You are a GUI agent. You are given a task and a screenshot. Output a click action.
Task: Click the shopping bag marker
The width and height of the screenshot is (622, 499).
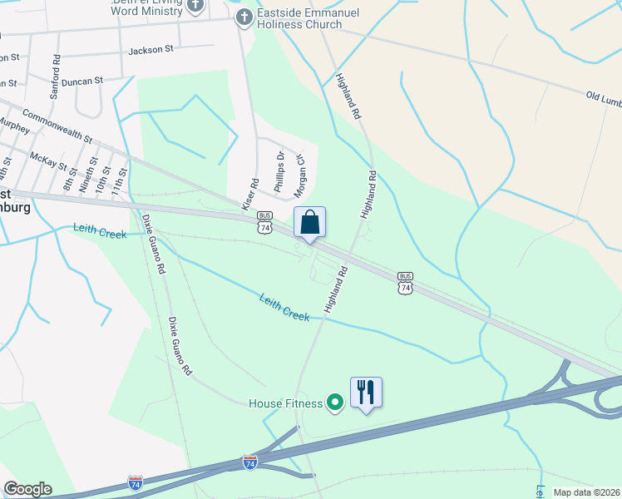pos(309,223)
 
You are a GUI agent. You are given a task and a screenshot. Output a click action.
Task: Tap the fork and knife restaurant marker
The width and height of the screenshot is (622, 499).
pos(366,393)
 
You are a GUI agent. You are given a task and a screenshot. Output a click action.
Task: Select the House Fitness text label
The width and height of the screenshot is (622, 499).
pos(285,404)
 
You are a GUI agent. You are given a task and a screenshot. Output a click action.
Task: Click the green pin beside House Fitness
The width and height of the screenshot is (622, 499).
pos(336,403)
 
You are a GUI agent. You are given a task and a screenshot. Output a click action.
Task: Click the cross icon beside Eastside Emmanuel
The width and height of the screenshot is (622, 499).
pos(244,17)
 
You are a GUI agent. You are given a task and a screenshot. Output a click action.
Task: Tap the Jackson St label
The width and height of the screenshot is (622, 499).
pos(151,50)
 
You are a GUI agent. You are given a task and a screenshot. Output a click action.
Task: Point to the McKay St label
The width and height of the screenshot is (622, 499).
pos(48,160)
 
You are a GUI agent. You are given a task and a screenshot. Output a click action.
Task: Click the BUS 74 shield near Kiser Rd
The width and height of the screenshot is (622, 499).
pos(265,221)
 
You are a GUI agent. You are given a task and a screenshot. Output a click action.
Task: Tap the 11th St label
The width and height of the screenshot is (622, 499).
pos(123,179)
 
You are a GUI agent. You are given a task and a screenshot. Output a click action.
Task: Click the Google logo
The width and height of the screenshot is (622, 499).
pos(27,489)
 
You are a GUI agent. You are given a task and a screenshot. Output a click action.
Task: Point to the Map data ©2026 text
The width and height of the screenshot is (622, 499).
pos(586,492)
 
